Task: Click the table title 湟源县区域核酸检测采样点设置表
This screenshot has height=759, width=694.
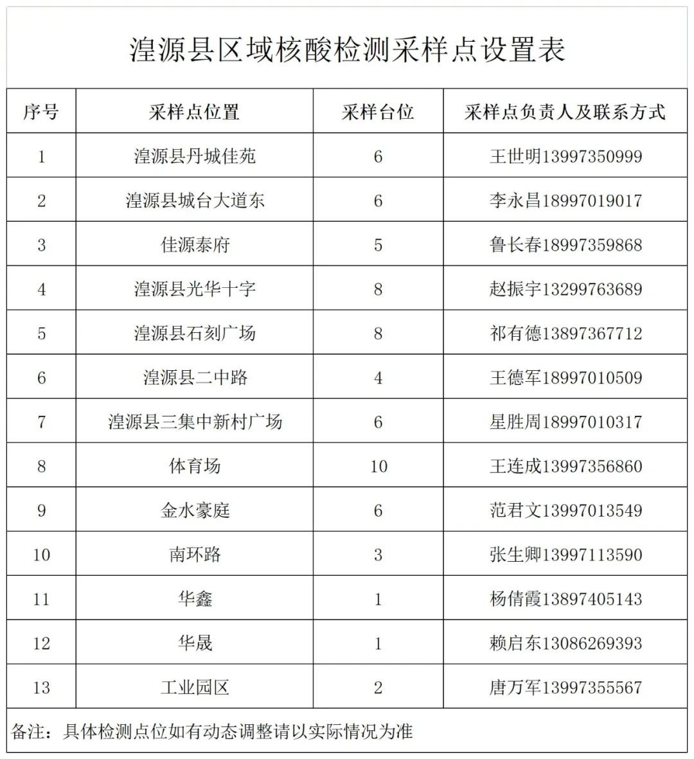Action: [347, 49]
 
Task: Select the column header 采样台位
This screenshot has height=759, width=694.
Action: [378, 112]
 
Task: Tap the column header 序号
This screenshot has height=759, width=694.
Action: [41, 112]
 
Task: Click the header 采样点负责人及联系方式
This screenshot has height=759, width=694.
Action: [565, 112]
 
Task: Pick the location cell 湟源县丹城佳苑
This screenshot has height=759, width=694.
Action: [195, 156]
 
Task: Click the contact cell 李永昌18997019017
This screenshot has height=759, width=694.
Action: [565, 201]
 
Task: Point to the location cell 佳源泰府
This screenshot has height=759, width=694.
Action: [195, 245]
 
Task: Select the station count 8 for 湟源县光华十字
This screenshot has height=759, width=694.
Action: [378, 289]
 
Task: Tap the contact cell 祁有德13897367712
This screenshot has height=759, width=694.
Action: [565, 334]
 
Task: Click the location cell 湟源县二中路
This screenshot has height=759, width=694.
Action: [195, 377]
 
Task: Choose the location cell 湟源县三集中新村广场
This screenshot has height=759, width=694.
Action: [195, 422]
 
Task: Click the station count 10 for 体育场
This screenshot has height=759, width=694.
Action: [378, 466]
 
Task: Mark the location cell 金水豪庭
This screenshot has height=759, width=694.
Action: [195, 510]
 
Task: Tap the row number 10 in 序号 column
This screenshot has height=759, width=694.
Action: [41, 555]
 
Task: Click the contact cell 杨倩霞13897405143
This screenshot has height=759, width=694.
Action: [565, 599]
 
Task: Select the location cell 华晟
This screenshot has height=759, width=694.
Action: [195, 643]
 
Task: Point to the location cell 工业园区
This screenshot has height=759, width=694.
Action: [195, 687]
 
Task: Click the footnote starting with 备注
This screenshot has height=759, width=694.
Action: [212, 731]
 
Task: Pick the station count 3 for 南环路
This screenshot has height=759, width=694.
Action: [378, 555]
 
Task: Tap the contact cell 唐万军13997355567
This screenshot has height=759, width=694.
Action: [565, 687]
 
